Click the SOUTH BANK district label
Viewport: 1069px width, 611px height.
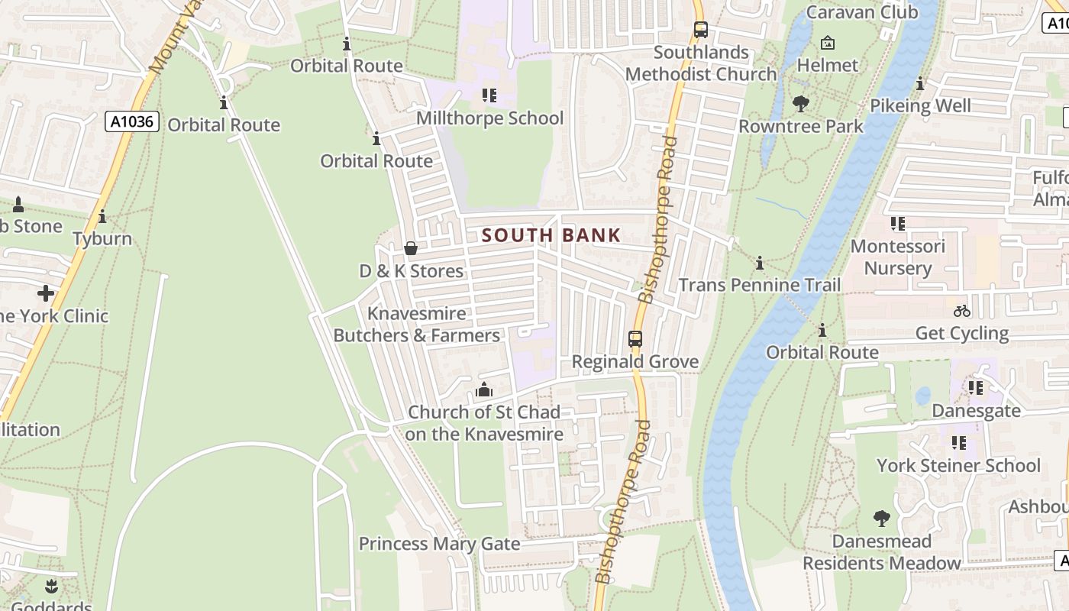(551, 235)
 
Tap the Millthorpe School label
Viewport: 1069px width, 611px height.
(489, 118)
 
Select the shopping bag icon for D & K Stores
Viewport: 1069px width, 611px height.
(410, 248)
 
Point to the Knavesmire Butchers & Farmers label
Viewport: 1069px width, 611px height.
(417, 325)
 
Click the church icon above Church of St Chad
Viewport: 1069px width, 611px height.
(483, 390)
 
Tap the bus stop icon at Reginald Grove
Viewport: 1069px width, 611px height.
(635, 339)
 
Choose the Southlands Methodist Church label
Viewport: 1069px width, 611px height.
(701, 63)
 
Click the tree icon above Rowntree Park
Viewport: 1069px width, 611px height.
(800, 103)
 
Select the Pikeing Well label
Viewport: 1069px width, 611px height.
(920, 105)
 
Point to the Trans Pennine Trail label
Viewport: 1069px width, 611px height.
(759, 286)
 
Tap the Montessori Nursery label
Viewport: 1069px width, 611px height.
(897, 257)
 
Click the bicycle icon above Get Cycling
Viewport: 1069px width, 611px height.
(961, 311)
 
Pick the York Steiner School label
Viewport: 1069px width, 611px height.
(958, 465)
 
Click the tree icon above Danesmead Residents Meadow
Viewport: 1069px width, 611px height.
(881, 519)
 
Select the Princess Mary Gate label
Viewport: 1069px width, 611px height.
(439, 544)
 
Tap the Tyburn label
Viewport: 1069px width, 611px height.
(102, 239)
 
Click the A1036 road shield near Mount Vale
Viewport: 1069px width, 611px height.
(131, 121)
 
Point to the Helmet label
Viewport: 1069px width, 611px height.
(827, 65)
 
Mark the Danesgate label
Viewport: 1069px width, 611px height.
(976, 411)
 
